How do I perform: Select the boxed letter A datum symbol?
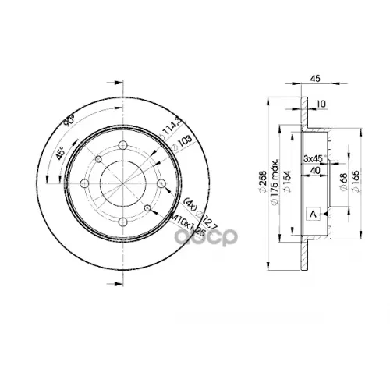(x=314, y=214)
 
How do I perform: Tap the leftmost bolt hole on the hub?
(x=98, y=161)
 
